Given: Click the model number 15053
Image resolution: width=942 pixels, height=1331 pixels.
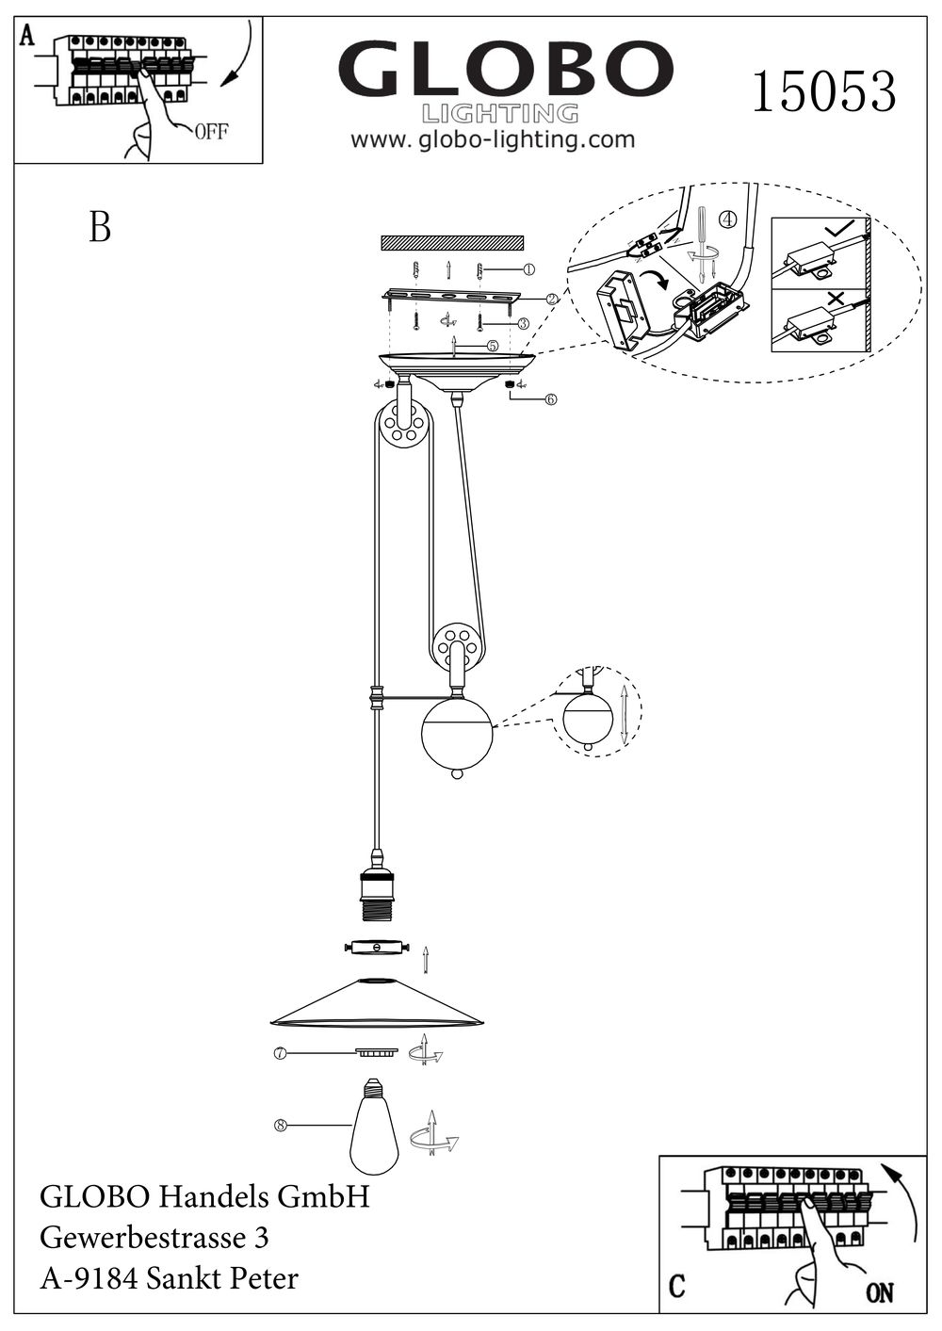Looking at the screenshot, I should (823, 91).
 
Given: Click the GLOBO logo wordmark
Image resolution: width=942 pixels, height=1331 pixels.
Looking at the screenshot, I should (505, 70).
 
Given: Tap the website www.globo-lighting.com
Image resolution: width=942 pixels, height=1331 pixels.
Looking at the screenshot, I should (493, 140).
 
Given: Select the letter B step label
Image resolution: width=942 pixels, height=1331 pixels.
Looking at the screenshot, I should (99, 227).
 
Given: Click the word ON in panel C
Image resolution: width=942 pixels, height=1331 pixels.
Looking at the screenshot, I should (878, 1292).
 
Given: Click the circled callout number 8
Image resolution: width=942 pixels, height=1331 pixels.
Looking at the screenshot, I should (280, 1123).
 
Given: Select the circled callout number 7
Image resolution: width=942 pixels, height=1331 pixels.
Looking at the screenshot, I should (280, 1054).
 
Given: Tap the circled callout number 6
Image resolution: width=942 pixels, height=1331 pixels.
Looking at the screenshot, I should (550, 398).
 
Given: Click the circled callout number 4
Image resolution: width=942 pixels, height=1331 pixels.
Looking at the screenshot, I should (726, 219).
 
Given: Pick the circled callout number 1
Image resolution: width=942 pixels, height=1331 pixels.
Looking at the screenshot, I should (528, 269).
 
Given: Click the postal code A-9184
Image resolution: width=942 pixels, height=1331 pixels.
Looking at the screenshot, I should (90, 1278).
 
